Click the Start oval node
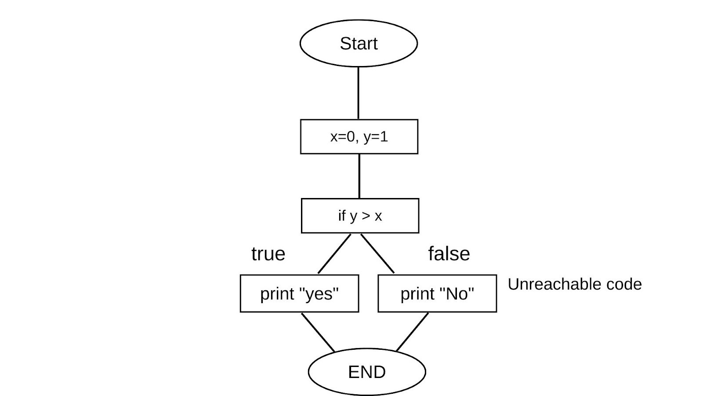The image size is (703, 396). click(359, 44)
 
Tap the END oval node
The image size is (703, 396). click(367, 372)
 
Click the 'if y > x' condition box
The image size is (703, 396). click(360, 216)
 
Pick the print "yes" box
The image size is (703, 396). click(299, 293)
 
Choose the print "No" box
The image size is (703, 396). click(437, 293)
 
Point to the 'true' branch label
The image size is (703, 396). click(268, 254)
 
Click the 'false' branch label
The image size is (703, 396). click(449, 254)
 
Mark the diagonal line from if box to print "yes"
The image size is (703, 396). click(334, 253)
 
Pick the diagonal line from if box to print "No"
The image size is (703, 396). click(377, 253)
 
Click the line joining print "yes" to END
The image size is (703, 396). click(318, 332)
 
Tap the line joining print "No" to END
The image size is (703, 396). click(412, 332)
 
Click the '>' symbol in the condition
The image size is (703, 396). click(366, 216)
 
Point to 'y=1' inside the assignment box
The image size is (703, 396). click(376, 137)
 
